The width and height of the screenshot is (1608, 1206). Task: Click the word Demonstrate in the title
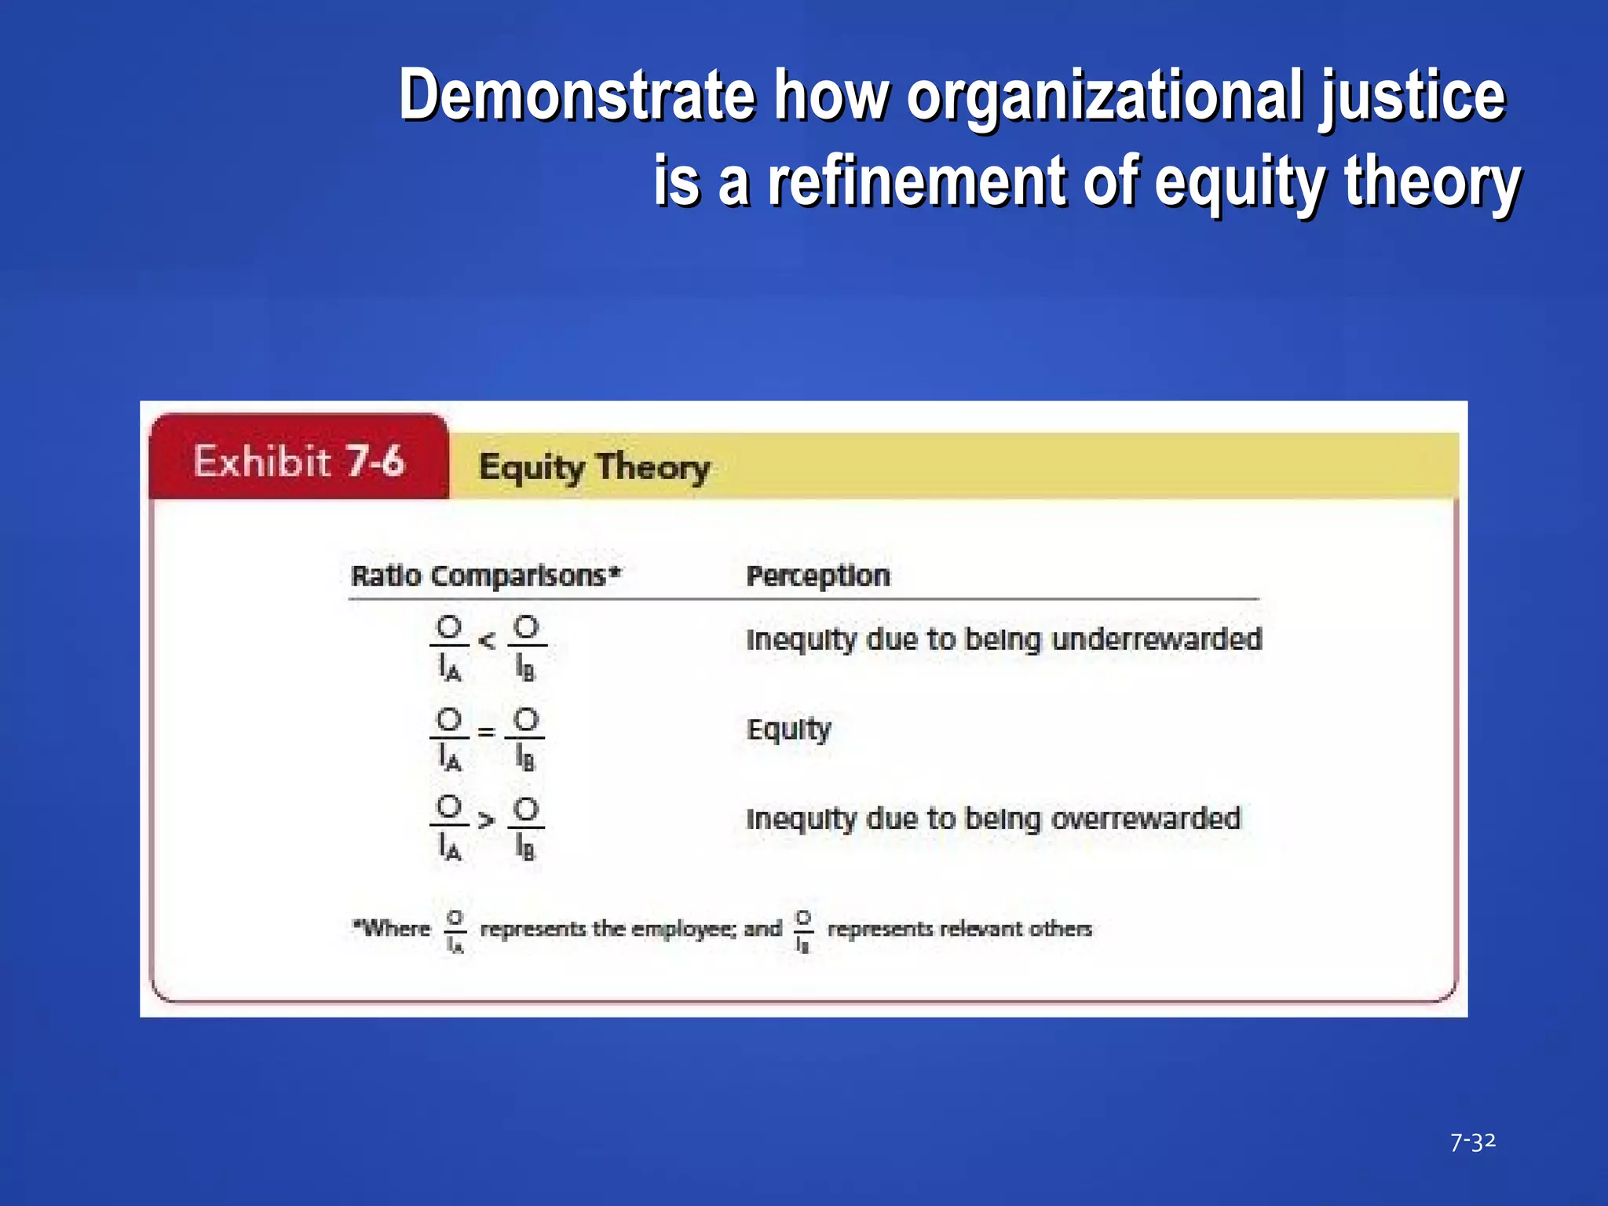tap(577, 96)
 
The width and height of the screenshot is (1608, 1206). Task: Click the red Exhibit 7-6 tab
tap(299, 460)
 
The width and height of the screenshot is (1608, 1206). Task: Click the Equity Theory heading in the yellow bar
tap(594, 467)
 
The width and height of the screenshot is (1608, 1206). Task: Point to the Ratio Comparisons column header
tap(485, 576)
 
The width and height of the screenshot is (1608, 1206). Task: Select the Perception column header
tap(817, 576)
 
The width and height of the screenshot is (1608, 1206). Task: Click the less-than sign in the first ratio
tap(487, 641)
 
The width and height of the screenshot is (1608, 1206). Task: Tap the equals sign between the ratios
tap(487, 732)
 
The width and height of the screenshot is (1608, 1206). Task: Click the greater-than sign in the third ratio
tap(487, 821)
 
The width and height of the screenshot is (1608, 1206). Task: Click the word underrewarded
tap(1156, 639)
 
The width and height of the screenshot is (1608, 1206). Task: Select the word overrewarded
tap(1145, 818)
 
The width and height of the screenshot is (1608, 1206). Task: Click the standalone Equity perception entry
tap(788, 729)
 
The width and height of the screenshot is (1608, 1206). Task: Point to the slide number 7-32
tap(1472, 1142)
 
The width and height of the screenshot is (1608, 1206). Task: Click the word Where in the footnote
tap(393, 928)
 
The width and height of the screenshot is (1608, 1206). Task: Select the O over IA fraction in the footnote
tap(455, 930)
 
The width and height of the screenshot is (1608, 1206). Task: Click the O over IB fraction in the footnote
tap(802, 930)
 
